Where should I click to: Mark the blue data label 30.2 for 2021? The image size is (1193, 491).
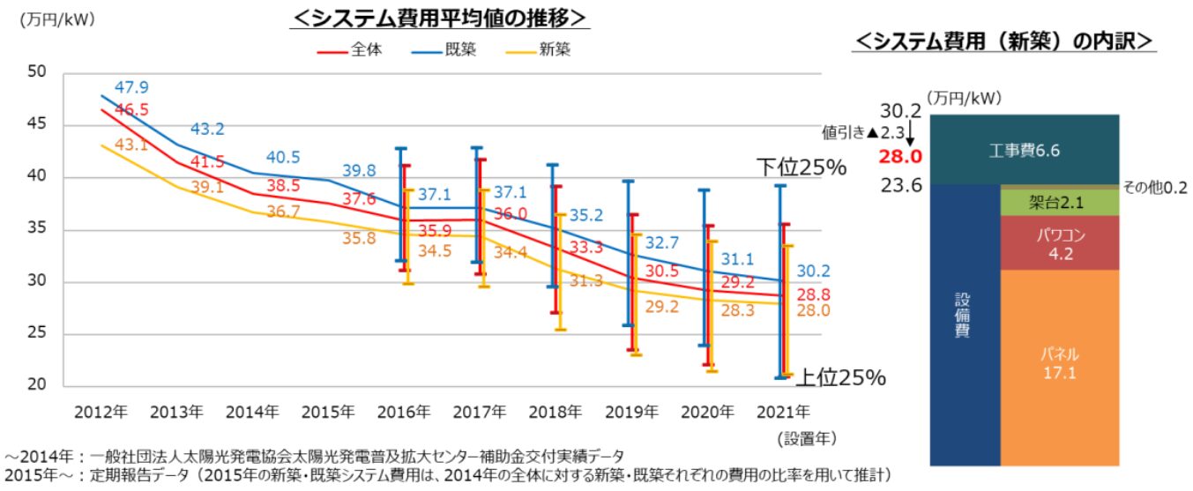pyautogui.click(x=814, y=271)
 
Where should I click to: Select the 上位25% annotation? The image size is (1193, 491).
pyautogui.click(x=840, y=378)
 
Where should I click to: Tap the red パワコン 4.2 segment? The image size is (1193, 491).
pyautogui.click(x=1058, y=244)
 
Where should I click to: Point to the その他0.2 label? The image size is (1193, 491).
pyautogui.click(x=1155, y=188)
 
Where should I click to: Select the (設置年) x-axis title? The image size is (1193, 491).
pyautogui.click(x=806, y=436)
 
